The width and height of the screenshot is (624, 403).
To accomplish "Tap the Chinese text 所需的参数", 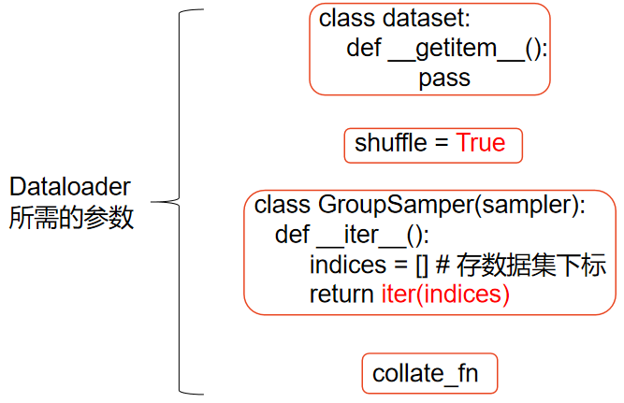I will point(71,218).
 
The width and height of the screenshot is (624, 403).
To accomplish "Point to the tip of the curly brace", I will point(155,201).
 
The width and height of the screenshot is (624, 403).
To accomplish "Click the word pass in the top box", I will point(444,79).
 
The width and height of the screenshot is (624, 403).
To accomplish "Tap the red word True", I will point(480,144).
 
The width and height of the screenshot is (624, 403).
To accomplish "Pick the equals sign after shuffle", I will point(442,145).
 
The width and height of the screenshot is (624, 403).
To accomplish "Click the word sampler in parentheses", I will point(525,204).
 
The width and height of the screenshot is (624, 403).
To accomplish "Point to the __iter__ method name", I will point(373,234).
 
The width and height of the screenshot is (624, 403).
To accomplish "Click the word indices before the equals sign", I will point(346,265).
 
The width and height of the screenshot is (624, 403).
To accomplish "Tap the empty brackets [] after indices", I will point(420,265).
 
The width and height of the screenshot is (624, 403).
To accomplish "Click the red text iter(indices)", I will point(444,295).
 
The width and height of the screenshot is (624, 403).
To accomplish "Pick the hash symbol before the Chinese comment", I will point(443,265).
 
